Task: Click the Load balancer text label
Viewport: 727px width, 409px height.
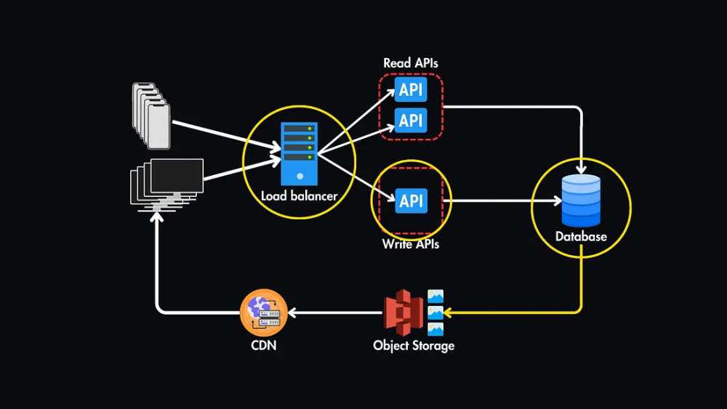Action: (x=299, y=196)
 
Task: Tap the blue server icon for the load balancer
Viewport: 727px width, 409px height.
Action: (x=299, y=153)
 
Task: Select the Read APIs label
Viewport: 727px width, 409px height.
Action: (x=411, y=63)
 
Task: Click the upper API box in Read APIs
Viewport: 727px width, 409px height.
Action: (x=411, y=91)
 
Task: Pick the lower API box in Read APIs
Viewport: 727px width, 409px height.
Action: (x=411, y=120)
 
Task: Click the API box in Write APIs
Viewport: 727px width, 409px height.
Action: (x=411, y=201)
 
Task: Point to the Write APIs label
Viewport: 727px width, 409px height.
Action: (x=411, y=244)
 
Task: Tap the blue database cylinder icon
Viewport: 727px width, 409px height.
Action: (x=581, y=201)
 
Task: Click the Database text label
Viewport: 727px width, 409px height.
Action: (x=581, y=237)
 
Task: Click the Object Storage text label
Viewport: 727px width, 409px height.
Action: (x=414, y=345)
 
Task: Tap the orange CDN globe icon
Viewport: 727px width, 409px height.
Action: (x=263, y=312)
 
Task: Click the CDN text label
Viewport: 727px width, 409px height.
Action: (x=263, y=345)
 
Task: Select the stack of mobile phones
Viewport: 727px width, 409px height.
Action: (x=151, y=115)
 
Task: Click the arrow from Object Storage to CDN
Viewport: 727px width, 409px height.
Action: (x=334, y=313)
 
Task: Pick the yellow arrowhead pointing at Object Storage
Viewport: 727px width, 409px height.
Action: (x=449, y=313)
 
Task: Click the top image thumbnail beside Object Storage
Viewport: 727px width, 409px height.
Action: (x=435, y=296)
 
